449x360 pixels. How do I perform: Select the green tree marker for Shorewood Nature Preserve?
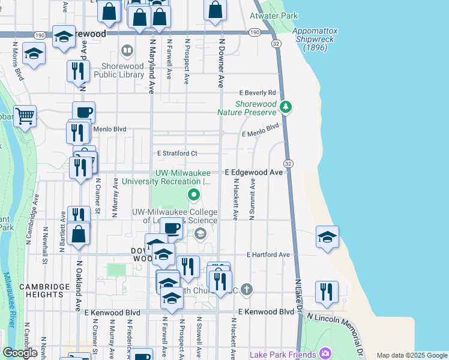(x=286, y=107)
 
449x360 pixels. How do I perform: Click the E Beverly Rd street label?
(x=256, y=93)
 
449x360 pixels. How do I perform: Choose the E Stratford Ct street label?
(x=177, y=154)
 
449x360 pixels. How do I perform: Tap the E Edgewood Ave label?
(x=254, y=172)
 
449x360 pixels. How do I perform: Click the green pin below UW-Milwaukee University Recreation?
(x=194, y=194)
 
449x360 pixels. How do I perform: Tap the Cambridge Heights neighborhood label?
(x=44, y=292)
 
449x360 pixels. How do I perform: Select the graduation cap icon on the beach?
(x=327, y=238)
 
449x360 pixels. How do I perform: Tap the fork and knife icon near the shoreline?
(x=327, y=292)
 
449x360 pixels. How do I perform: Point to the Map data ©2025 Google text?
(x=411, y=355)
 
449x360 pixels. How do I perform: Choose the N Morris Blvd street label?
(x=17, y=61)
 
